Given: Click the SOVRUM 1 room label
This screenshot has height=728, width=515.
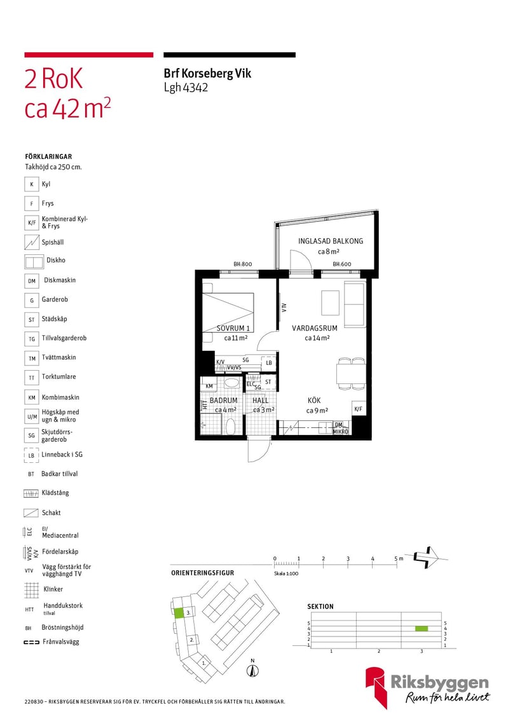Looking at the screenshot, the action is click(233, 328).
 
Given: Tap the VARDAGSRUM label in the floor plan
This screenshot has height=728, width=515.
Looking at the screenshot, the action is click(314, 328).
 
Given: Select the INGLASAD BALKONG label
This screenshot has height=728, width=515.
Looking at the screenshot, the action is click(331, 241).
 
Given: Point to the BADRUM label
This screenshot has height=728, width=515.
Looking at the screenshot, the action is click(223, 400).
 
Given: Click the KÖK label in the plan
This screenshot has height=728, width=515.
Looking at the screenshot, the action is click(314, 400).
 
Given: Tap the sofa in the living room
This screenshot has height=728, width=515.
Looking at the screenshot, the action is click(354, 304).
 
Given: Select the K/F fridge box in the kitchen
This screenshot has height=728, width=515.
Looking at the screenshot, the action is click(358, 409).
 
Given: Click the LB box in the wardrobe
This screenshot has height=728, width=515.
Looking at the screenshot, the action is click(269, 363).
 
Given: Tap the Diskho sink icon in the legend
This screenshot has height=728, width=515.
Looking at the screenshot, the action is click(34, 262).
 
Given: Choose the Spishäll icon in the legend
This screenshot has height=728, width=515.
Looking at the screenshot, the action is click(32, 242).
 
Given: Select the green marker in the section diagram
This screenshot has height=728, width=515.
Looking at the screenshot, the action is click(421, 629).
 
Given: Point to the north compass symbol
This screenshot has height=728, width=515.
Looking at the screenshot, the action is click(252, 669).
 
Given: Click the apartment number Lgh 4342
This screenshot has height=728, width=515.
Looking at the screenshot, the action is click(186, 87).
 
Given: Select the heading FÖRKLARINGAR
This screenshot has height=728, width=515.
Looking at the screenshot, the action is click(48, 156).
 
